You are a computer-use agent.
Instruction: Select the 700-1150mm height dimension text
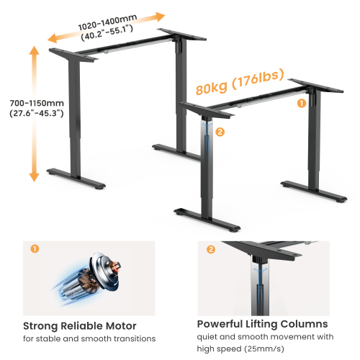coord(30,102)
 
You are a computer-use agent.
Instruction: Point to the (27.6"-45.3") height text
coord(30,113)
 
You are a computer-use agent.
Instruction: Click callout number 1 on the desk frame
coord(301,104)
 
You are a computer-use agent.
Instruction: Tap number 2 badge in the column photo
coord(211,250)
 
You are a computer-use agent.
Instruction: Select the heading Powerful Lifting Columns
coord(262,324)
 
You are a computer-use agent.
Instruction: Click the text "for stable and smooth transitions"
coord(89,338)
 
